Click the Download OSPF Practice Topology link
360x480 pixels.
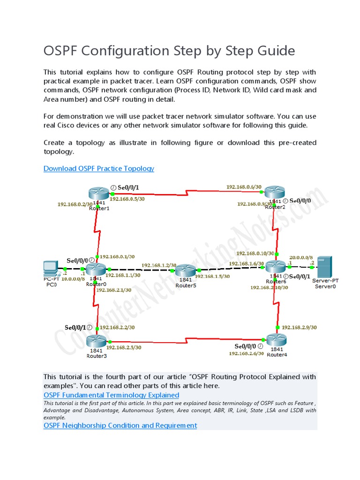[x=98, y=168]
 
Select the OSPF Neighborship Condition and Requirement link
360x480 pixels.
[x=120, y=425]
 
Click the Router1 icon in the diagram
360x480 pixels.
[x=98, y=193]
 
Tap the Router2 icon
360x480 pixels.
[x=274, y=192]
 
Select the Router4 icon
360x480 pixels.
[x=277, y=340]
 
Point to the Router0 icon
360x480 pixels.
[x=97, y=269]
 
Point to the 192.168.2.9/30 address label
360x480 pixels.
[x=299, y=327]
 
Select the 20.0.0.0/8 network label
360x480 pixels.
[x=301, y=257]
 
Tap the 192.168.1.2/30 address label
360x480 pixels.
[x=158, y=265]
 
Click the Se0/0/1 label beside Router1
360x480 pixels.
[x=128, y=187]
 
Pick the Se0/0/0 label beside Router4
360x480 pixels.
[x=245, y=346]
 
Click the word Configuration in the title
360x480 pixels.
[x=120, y=51]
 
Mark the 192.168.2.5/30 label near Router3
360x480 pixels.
[x=124, y=347]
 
